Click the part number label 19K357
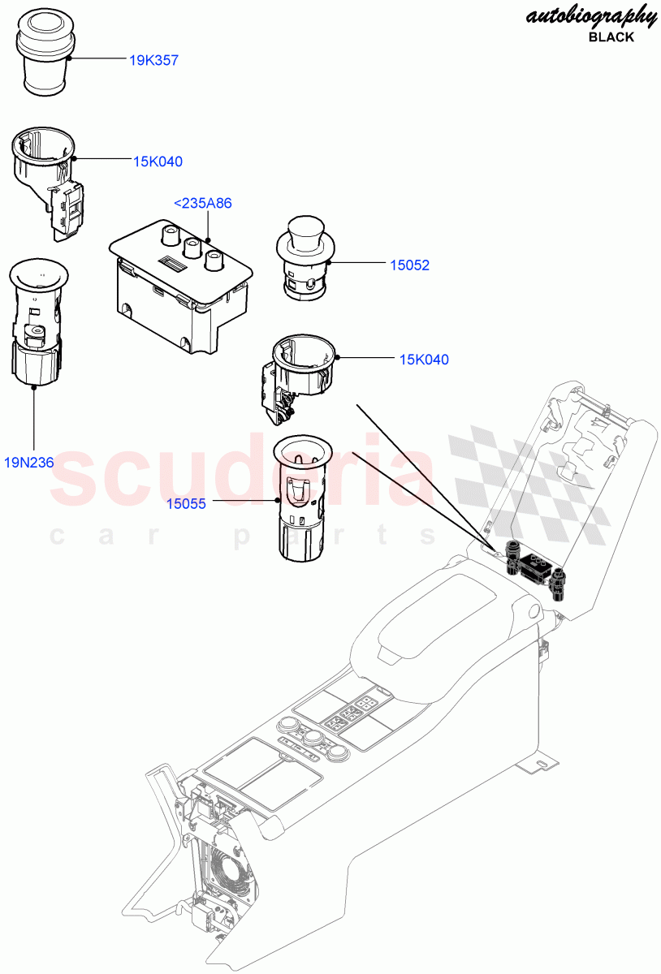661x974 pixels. point(153,60)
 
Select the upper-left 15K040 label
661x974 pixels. point(158,162)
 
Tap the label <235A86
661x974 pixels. point(203,204)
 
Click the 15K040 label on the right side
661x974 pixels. point(424,360)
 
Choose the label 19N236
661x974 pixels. point(28,463)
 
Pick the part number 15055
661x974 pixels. point(186,503)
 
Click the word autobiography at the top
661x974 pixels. point(591,16)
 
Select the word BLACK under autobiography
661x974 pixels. point(611,37)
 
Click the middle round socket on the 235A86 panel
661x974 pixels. point(193,246)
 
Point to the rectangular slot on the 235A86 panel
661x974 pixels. point(172,262)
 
